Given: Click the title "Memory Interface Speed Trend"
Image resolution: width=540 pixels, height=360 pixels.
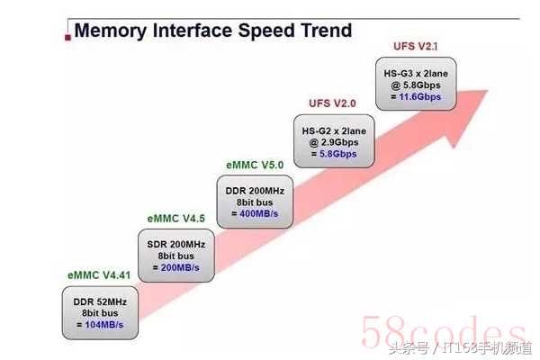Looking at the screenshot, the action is click(212, 31).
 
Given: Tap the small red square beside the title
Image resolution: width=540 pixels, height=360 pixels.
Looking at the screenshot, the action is click(67, 37).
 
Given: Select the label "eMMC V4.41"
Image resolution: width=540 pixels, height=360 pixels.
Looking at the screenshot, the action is click(99, 275).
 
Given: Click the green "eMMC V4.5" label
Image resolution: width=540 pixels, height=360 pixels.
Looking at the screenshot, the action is click(176, 219).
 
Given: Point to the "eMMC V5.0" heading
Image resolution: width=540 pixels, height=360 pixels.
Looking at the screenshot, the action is click(255, 165).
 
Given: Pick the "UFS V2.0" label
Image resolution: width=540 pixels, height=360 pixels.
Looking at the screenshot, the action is click(332, 103).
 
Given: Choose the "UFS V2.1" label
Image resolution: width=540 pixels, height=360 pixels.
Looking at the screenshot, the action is click(415, 46).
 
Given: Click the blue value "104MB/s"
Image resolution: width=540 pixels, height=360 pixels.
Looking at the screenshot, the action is click(104, 325).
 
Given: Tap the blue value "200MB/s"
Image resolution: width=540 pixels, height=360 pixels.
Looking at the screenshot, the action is click(180, 267).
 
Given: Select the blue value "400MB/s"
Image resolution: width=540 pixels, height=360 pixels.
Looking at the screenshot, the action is click(259, 214).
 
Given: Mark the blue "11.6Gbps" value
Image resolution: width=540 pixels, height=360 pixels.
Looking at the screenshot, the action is click(420, 97).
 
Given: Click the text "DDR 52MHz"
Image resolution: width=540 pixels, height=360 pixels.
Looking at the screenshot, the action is click(100, 302).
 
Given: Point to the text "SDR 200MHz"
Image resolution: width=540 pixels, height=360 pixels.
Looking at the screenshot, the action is click(176, 245).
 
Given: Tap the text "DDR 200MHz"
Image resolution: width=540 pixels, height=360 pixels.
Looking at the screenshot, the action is click(255, 191).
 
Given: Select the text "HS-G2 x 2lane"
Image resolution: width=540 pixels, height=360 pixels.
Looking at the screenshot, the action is click(334, 131).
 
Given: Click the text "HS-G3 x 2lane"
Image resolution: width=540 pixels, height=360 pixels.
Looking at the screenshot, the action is click(416, 74).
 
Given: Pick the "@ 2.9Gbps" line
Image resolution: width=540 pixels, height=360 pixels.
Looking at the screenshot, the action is click(334, 142).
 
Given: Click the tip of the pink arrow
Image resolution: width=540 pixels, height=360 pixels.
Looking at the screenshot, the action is click(488, 91).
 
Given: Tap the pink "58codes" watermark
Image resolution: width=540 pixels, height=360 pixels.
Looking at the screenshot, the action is click(443, 332).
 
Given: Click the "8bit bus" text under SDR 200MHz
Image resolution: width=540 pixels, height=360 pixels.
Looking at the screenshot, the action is click(176, 256).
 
